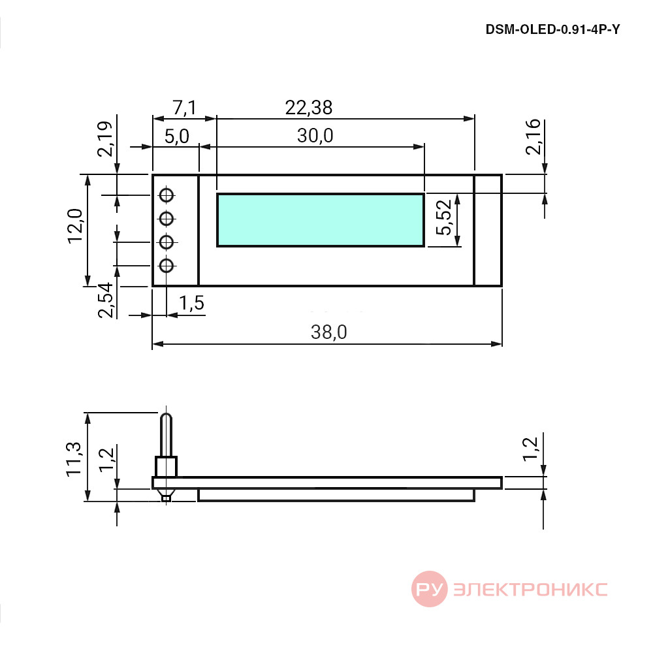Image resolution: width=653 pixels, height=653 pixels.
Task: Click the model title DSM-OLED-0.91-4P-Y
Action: (552, 29)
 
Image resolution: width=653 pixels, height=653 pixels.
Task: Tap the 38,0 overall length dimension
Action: (328, 332)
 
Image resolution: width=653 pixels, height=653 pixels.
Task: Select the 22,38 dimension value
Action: (309, 108)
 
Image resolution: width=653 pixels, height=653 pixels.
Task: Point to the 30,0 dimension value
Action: (315, 136)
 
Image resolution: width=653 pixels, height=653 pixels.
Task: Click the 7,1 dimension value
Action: (185, 108)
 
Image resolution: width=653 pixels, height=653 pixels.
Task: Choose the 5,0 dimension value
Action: (176, 136)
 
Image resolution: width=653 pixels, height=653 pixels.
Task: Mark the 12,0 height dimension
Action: (75, 225)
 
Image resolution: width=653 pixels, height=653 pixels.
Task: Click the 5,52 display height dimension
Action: (444, 217)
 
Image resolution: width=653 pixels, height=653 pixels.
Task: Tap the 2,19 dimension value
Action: (104, 138)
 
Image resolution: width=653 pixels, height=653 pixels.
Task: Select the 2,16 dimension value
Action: (533, 137)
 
